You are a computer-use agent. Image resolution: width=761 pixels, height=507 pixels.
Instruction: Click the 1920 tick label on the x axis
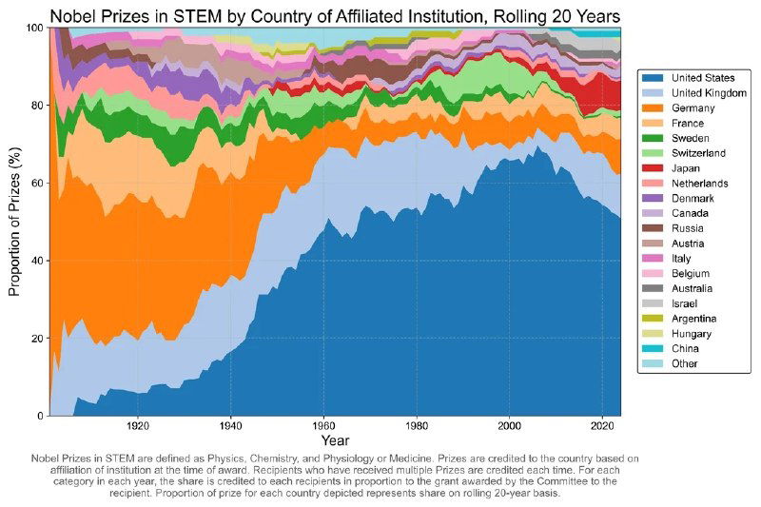click(x=139, y=425)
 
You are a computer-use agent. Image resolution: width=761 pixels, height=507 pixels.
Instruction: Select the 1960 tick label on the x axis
click(x=324, y=425)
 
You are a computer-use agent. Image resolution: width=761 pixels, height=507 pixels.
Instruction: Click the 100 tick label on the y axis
click(x=33, y=28)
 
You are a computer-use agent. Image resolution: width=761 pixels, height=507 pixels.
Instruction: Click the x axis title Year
click(x=334, y=441)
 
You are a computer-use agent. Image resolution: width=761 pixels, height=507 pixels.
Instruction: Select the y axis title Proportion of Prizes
click(x=14, y=222)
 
